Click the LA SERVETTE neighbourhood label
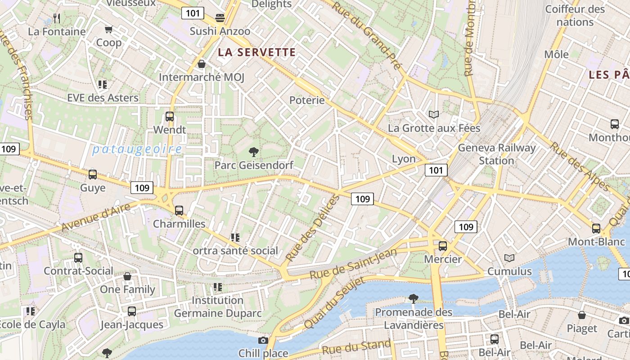(x=257, y=52)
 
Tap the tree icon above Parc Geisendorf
(x=254, y=152)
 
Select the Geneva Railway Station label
(x=497, y=154)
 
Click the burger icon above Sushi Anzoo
(x=220, y=18)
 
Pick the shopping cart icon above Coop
(x=108, y=30)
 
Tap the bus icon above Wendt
(x=170, y=116)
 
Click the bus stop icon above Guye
(x=93, y=174)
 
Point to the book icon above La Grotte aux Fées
(x=434, y=115)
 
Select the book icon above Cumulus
(x=509, y=258)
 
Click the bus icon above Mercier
(x=443, y=246)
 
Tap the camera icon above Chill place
(x=263, y=340)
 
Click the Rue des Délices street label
(x=312, y=228)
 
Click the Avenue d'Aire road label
(x=95, y=217)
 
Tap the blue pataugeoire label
(x=137, y=149)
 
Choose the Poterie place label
(x=307, y=100)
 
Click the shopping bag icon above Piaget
(x=582, y=315)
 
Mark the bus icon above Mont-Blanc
(x=596, y=228)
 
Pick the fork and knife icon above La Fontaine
(x=57, y=18)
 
